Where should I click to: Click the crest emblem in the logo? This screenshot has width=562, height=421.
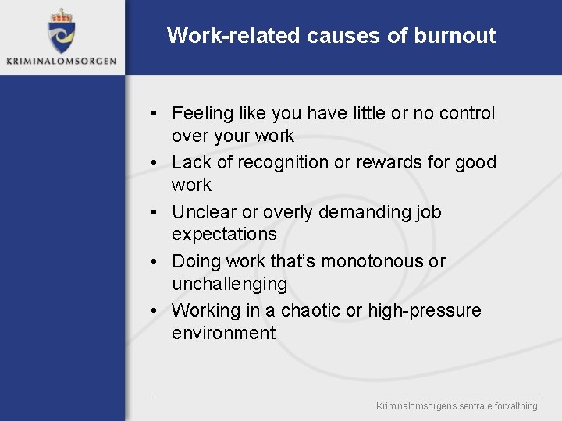pyautogui.click(x=61, y=31)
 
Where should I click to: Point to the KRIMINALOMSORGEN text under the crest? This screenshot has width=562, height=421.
pyautogui.click(x=62, y=60)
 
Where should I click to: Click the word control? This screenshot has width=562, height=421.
pyautogui.click(x=466, y=114)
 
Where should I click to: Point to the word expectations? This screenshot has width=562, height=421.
pyautogui.click(x=224, y=234)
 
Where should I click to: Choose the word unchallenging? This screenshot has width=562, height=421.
pyautogui.click(x=229, y=284)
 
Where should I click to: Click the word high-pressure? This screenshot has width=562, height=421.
pyautogui.click(x=425, y=311)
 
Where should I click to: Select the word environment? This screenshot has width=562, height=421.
pyautogui.click(x=223, y=333)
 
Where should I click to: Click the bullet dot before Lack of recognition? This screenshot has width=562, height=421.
pyautogui.click(x=156, y=163)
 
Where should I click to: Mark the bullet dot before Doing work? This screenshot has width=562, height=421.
pyautogui.click(x=156, y=261)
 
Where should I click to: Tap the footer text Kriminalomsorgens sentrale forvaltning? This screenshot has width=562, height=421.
pyautogui.click(x=457, y=406)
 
